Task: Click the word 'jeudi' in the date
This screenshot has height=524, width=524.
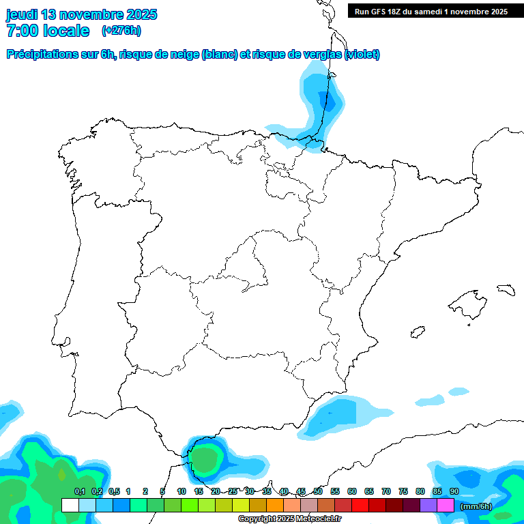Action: pos(22,14)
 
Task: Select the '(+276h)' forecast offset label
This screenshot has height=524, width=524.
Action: pos(121,30)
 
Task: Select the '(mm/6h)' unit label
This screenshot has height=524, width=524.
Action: pos(476,506)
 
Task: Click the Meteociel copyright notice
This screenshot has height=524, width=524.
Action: pos(299,519)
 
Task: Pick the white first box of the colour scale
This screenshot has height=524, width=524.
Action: pos(70,505)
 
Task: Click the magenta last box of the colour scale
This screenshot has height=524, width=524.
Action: pos(446,505)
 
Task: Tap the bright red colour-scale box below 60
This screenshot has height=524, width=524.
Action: pos(360,505)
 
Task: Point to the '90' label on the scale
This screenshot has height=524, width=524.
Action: pos(454,491)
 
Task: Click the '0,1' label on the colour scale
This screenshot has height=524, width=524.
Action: pos(79,491)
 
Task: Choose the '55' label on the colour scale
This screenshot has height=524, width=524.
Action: pos(335,491)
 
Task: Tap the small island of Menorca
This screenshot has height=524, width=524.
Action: pos(505,289)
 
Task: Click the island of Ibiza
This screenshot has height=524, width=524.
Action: pos(418,332)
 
